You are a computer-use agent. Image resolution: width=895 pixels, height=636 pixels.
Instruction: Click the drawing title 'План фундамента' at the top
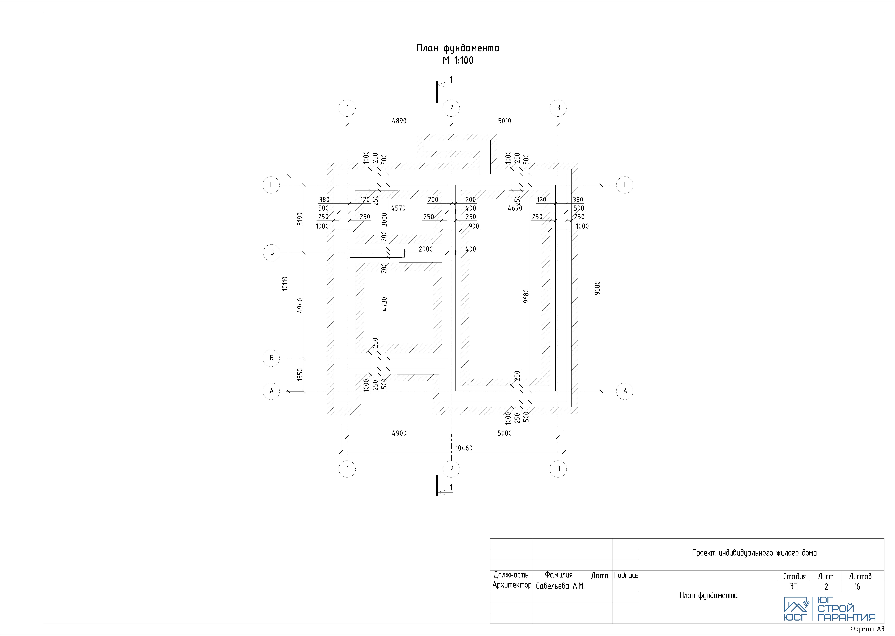[458, 48]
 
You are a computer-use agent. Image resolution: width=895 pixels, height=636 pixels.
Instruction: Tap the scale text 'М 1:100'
[458, 60]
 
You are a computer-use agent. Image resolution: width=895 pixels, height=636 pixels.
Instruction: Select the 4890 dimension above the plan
[399, 121]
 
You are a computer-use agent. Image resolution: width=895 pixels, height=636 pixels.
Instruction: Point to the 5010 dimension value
[505, 121]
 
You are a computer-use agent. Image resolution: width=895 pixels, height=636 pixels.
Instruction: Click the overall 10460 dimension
[464, 448]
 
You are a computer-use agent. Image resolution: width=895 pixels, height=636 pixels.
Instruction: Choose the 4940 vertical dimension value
[300, 305]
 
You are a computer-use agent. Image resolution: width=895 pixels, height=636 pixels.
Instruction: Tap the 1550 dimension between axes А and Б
[300, 374]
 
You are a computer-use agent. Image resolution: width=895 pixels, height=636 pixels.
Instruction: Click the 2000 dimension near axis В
[426, 249]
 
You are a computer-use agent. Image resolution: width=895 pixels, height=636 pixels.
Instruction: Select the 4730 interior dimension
[385, 304]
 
